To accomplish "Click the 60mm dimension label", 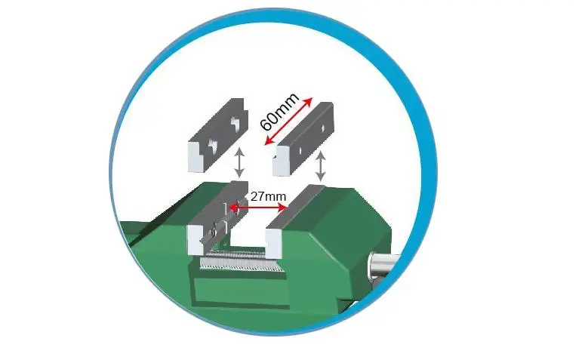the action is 280,112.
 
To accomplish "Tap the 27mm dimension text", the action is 268,196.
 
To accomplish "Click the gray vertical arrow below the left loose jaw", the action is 239,162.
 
